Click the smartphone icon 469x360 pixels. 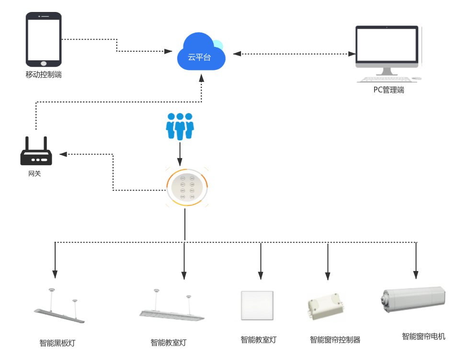click(x=44, y=40)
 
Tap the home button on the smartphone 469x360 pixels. click(x=44, y=63)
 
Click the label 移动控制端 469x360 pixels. click(x=44, y=75)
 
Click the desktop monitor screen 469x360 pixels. click(x=387, y=45)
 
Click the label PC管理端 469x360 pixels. click(x=389, y=90)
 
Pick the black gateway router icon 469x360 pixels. click(x=36, y=154)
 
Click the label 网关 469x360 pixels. click(x=34, y=173)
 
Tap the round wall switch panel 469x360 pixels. click(x=187, y=187)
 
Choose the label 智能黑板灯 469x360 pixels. click(x=57, y=343)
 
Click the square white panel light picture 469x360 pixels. click(x=255, y=305)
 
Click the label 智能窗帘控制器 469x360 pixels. click(x=335, y=340)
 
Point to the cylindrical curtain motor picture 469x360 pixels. click(x=415, y=300)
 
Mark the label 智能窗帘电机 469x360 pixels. click(x=423, y=337)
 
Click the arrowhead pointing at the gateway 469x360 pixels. click(x=62, y=154)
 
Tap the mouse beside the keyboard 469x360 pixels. click(x=417, y=79)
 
